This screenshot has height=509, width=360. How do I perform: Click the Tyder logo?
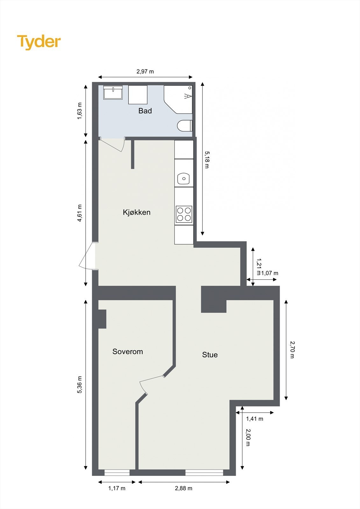[x=39, y=42]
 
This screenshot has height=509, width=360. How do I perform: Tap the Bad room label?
[x=145, y=111]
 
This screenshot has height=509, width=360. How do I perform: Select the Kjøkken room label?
[x=137, y=212]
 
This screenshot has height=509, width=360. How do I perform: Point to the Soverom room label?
[x=127, y=352]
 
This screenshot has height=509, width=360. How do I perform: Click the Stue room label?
[x=210, y=355]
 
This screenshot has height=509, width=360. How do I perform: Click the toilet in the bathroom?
[x=184, y=125]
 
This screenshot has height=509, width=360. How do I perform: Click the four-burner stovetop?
[x=184, y=214]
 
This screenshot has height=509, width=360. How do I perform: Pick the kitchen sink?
[x=183, y=178]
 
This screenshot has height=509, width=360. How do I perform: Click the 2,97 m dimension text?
[x=145, y=72]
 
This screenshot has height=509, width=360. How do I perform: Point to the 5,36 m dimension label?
[x=80, y=385]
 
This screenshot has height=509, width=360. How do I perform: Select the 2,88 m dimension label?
[x=184, y=488]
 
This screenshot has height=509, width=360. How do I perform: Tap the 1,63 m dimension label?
[x=80, y=111]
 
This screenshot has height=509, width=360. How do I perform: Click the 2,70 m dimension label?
[x=292, y=350]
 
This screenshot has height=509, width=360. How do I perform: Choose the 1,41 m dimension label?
[x=255, y=419]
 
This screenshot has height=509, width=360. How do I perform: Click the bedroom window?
[x=117, y=472]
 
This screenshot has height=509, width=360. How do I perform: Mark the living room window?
[x=204, y=472]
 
